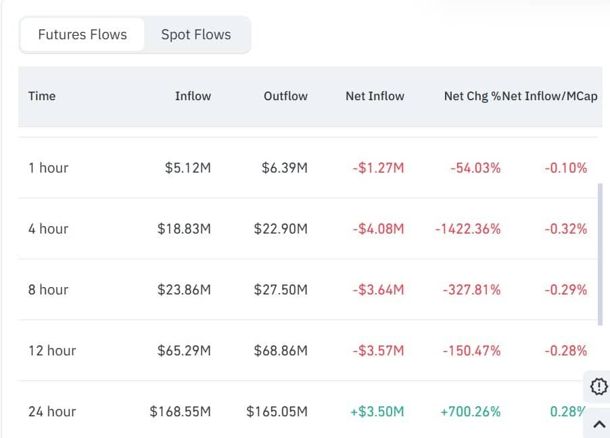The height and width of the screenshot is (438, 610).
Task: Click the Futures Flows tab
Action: pos(82,35)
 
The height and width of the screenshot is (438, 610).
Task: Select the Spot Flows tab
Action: pos(195,35)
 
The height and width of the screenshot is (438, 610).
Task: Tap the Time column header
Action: pos(42,96)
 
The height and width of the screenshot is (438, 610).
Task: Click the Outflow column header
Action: pos(285,96)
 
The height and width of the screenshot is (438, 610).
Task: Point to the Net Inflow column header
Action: pos(375,96)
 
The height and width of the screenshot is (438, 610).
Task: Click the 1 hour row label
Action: pos(48,168)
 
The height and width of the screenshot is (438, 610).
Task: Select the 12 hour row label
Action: pos(52,351)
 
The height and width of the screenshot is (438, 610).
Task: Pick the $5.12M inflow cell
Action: pos(187,168)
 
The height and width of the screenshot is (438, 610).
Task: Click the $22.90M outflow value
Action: pos(281,229)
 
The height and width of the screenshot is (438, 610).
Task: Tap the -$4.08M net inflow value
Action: pos(378,229)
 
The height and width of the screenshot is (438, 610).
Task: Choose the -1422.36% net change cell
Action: pos(468,229)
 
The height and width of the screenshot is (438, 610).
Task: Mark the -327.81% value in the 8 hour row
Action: pos(471,290)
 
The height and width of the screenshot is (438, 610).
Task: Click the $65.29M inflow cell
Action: pos(184,351)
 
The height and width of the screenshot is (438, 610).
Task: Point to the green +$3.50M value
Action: pos(378,412)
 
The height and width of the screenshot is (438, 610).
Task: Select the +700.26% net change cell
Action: pos(470,412)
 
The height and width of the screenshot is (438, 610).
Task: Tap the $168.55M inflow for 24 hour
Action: pos(181,412)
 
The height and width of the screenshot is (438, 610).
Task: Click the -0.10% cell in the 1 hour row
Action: pos(565,168)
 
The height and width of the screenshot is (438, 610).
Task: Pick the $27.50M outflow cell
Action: pos(281,290)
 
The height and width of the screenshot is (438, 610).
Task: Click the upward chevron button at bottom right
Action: pos(599,424)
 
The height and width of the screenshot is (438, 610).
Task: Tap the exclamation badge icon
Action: pos(599,387)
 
